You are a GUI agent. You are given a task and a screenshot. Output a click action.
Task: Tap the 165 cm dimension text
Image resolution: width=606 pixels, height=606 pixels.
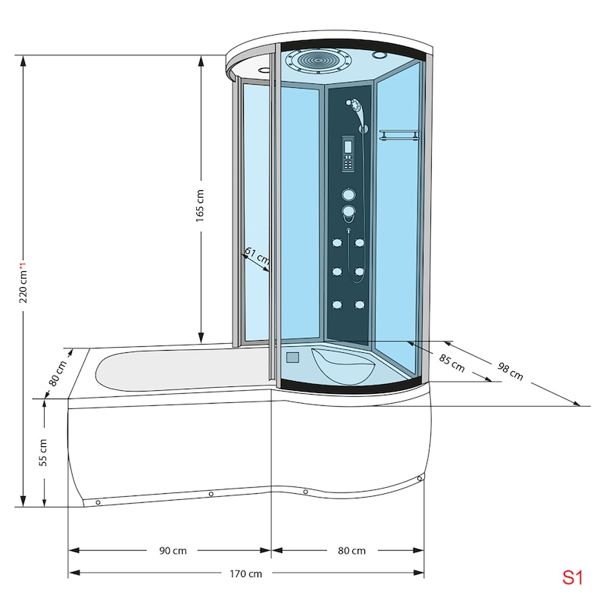pos(199,205)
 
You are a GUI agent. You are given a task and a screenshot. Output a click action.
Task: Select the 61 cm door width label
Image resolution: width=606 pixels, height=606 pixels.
pos(257,256)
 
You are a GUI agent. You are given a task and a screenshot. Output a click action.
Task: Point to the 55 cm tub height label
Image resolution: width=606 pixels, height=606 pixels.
pos(43,452)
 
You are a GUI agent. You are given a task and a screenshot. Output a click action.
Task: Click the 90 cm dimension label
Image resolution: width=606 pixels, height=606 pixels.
pos(173,551)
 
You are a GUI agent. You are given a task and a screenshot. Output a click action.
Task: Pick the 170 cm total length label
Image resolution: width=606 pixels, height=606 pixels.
pos(245,573)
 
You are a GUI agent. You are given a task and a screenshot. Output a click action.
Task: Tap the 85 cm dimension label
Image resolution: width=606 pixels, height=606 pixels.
pos(451,364)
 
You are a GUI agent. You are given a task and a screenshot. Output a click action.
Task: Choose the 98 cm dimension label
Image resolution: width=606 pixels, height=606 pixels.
pos(510,371)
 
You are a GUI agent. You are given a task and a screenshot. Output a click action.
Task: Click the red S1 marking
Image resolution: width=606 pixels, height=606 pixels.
pos(572,577)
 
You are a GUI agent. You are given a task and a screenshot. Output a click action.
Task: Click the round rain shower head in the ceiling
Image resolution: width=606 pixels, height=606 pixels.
pos(317,60)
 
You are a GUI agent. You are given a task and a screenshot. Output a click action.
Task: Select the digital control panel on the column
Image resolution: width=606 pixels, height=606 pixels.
pos(348,154)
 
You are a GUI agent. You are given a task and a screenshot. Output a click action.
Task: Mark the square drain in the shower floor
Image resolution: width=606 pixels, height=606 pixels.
pos(292,357)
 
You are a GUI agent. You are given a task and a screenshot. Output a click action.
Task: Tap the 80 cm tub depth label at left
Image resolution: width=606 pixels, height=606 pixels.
pos(58,373)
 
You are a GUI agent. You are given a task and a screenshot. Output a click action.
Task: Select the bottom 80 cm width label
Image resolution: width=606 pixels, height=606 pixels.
pos(351,551)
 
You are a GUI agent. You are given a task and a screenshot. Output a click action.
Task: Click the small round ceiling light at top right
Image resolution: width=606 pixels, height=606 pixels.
pos(380,55)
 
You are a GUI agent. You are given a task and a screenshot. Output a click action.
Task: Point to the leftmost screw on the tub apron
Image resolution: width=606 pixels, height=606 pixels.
pos(98,502)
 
